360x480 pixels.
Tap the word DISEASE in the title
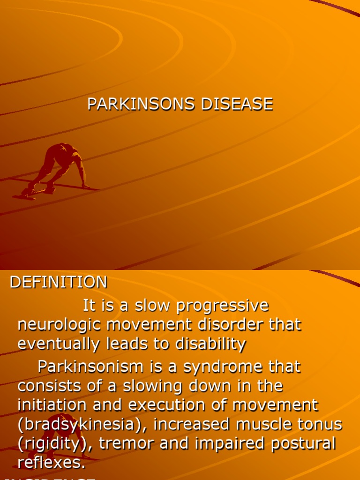coord(237,104)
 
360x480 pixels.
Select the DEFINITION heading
coord(59,282)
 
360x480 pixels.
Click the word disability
coord(211,344)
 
